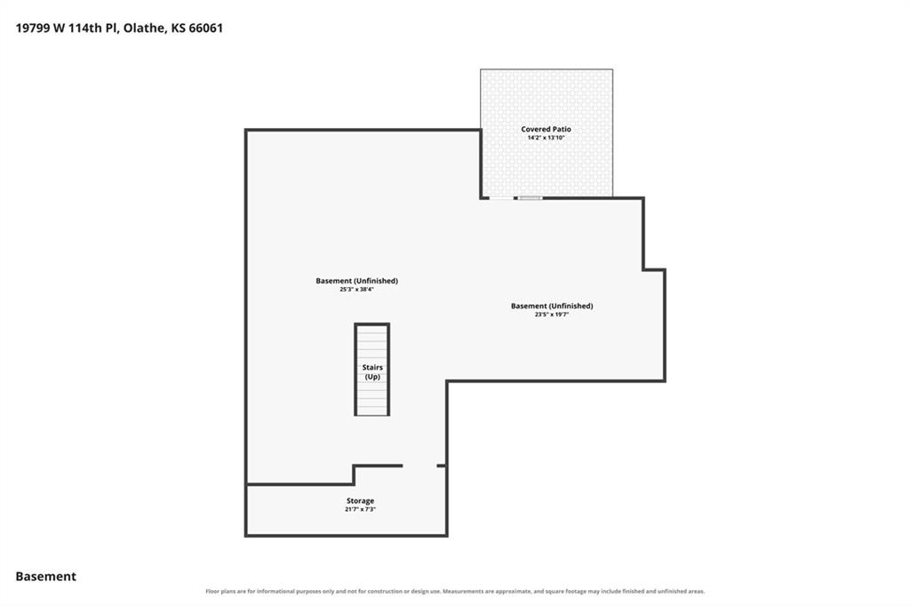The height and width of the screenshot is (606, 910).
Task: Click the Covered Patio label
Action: pyautogui.click(x=546, y=130)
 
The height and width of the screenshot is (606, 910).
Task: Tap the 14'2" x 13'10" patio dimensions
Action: pyautogui.click(x=546, y=138)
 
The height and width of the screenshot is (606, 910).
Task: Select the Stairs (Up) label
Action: pyautogui.click(x=372, y=372)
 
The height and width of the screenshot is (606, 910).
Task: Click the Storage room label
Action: pyautogui.click(x=361, y=500)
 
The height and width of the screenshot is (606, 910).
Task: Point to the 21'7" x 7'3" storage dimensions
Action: pyautogui.click(x=361, y=510)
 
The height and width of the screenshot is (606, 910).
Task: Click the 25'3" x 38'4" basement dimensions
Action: pyautogui.click(x=357, y=289)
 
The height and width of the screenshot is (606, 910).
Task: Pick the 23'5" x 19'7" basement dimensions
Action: pyautogui.click(x=552, y=315)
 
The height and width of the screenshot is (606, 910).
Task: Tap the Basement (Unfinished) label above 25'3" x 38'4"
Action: pyautogui.click(x=357, y=281)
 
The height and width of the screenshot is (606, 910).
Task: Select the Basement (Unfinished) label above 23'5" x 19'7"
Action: pyautogui.click(x=552, y=306)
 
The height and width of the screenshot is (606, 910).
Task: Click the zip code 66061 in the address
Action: pyautogui.click(x=205, y=28)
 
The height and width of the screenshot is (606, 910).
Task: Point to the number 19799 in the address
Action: pyautogui.click(x=33, y=28)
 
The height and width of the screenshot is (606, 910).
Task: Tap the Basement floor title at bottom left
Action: pyautogui.click(x=46, y=577)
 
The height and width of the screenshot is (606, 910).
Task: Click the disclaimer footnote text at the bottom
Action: pyautogui.click(x=455, y=592)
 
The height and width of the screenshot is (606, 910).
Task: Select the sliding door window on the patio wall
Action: pyautogui.click(x=531, y=198)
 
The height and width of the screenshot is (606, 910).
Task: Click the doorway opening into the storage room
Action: pyautogui.click(x=419, y=466)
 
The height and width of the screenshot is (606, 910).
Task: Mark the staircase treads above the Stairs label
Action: pyautogui.click(x=372, y=344)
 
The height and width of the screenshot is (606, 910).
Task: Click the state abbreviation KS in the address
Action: pyautogui.click(x=178, y=28)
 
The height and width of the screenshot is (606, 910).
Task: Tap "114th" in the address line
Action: pyautogui.click(x=85, y=28)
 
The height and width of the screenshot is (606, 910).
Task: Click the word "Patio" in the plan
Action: pyautogui.click(x=562, y=130)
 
